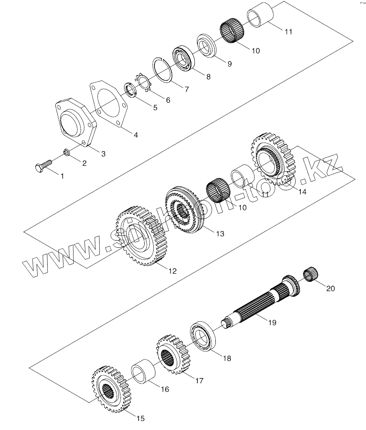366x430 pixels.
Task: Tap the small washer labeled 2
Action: pyautogui.click(x=67, y=152)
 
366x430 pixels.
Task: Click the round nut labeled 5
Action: pyautogui.click(x=130, y=91)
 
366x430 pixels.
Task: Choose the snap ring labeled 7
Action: pyautogui.click(x=163, y=69)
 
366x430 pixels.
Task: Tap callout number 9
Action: pyautogui.click(x=229, y=64)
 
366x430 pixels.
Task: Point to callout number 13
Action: pyautogui.click(x=220, y=234)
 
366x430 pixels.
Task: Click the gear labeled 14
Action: pyautogui.click(x=273, y=159)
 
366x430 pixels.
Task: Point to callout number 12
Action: pyautogui.click(x=172, y=271)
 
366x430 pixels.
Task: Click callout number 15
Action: pyautogui.click(x=141, y=418)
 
